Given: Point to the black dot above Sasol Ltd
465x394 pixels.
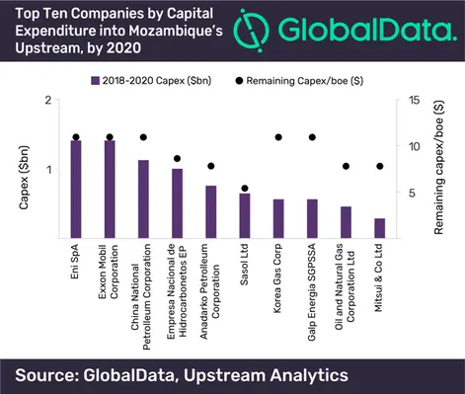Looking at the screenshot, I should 245,188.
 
